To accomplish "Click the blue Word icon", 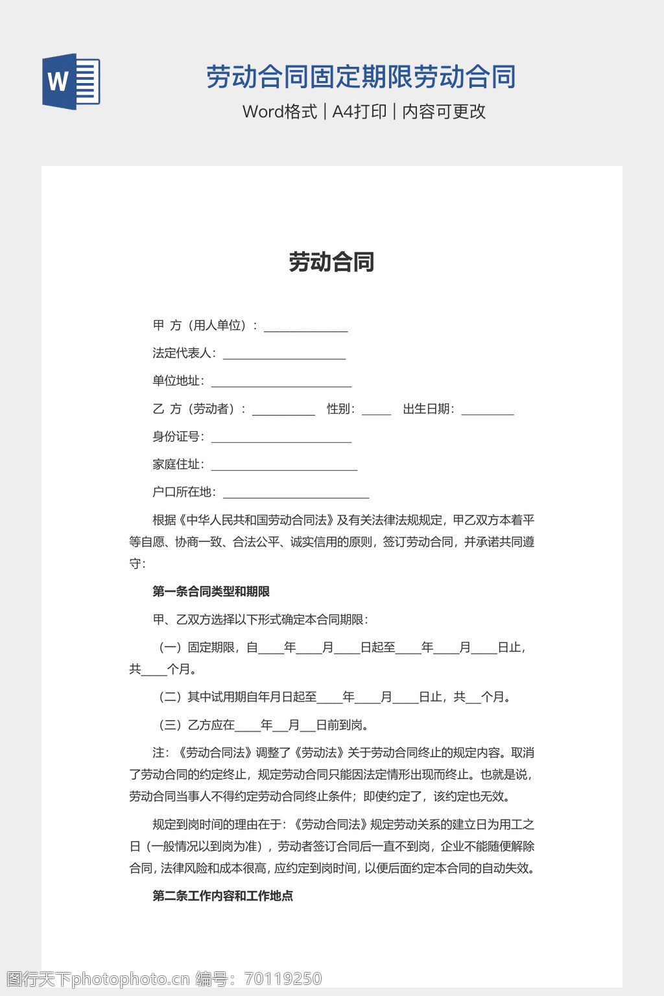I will pyautogui.click(x=71, y=82).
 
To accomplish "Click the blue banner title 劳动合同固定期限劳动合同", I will pyautogui.click(x=361, y=77).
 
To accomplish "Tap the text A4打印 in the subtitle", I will pyautogui.click(x=359, y=112).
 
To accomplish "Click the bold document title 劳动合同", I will pyautogui.click(x=331, y=262).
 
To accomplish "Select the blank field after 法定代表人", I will pyautogui.click(x=284, y=355).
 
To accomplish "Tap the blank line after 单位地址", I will pyautogui.click(x=281, y=383).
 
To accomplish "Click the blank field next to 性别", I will pyautogui.click(x=376, y=410).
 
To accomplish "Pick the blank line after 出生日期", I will pyautogui.click(x=487, y=410).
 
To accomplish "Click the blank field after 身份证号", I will pyautogui.click(x=281, y=438).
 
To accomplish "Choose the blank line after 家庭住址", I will pyautogui.click(x=284, y=466).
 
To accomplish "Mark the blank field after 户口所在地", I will pyautogui.click(x=296, y=494).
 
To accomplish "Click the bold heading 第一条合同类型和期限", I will pyautogui.click(x=211, y=591).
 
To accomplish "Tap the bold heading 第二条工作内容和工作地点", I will pyautogui.click(x=222, y=895).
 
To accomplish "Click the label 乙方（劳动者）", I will pyautogui.click(x=196, y=409).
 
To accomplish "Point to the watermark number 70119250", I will pyautogui.click(x=283, y=978).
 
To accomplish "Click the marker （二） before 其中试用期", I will pyautogui.click(x=171, y=697).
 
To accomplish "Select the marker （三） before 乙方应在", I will pyautogui.click(x=171, y=725).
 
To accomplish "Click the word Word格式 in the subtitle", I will pyautogui.click(x=279, y=112).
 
